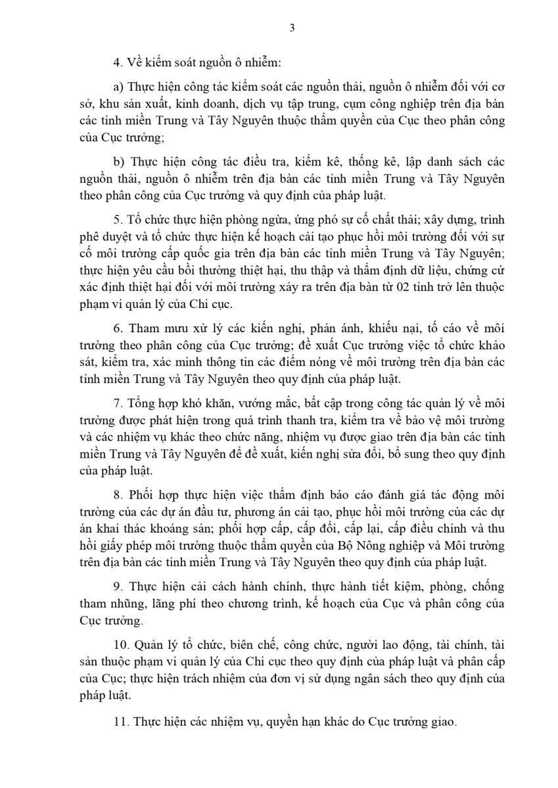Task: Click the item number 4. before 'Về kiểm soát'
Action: pos(117,63)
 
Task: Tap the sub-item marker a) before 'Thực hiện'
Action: pos(119,87)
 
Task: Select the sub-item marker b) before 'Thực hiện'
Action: pos(119,161)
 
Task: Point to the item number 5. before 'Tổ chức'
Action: pos(117,220)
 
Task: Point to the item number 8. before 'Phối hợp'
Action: pos(117,494)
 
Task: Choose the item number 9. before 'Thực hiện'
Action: pos(117,586)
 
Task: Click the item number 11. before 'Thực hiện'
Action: pos(120,720)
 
